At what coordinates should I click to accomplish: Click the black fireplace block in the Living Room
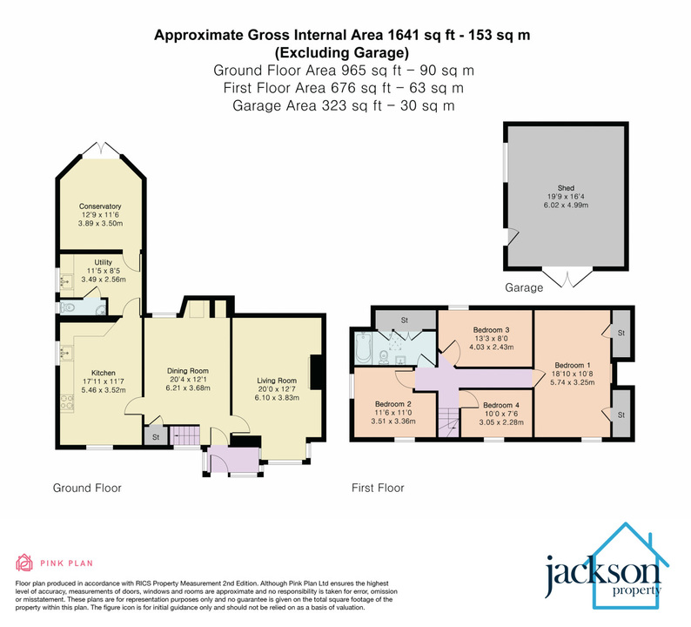[318, 369]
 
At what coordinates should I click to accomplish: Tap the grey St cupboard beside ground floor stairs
[155, 436]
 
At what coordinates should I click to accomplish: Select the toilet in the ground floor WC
[98, 307]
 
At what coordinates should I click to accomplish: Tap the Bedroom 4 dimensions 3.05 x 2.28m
[501, 416]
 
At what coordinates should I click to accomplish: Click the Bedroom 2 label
[392, 404]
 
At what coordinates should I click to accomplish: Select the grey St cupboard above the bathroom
[404, 320]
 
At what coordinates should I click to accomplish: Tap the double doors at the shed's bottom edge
[566, 278]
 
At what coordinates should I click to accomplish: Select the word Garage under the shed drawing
[525, 287]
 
